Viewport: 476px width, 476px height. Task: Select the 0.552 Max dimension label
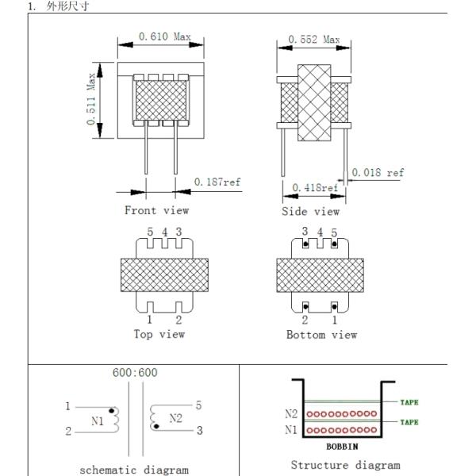(313, 39)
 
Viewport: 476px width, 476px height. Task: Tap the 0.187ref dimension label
(217, 182)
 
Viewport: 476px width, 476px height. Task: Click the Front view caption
(156, 210)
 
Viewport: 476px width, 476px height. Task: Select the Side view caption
(310, 212)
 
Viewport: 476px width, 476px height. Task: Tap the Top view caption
(159, 334)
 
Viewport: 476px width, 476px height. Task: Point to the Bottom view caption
(321, 335)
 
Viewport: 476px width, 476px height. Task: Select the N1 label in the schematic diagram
(98, 421)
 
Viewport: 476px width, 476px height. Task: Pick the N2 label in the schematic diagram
(175, 417)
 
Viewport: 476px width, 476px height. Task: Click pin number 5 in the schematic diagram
(198, 405)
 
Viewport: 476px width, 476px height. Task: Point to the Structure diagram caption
(345, 465)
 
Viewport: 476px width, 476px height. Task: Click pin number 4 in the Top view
(163, 232)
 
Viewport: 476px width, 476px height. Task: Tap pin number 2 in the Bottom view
(304, 320)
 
